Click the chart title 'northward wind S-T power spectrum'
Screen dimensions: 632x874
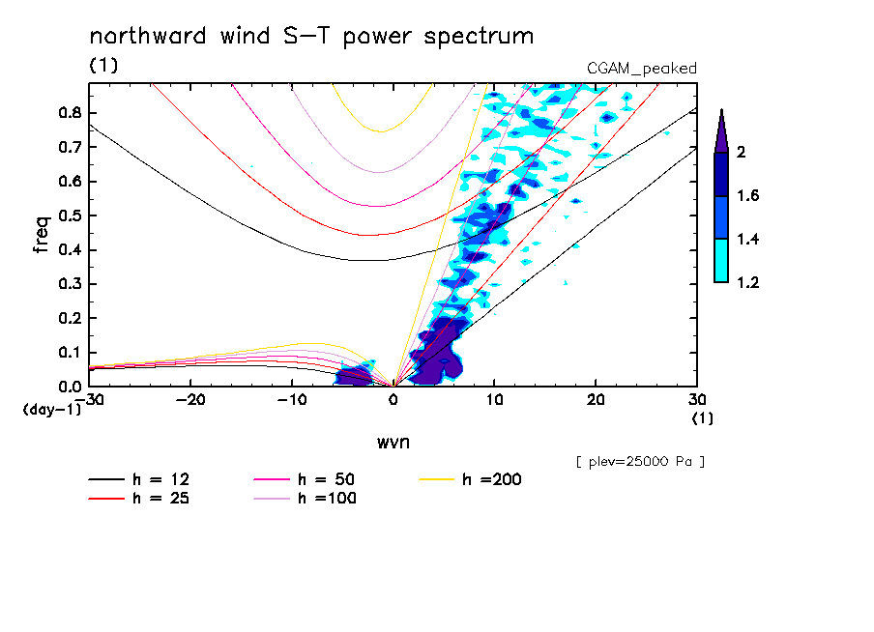[x=311, y=37]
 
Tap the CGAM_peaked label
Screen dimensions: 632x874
[x=642, y=69]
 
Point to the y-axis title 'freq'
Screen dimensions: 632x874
[x=42, y=235]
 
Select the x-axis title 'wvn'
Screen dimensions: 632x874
[x=393, y=443]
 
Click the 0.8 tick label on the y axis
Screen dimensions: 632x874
[x=69, y=112]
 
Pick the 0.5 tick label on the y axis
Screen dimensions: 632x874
[x=69, y=215]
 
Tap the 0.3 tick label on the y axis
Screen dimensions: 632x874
[x=69, y=284]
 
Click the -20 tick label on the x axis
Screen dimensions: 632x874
[x=190, y=399]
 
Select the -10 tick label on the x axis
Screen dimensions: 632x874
[x=292, y=399]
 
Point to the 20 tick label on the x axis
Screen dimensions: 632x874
[x=597, y=399]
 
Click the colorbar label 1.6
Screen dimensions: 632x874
[x=748, y=196]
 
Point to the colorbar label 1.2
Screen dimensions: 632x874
[x=748, y=283]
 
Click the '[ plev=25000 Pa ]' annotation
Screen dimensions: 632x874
[x=640, y=462]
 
